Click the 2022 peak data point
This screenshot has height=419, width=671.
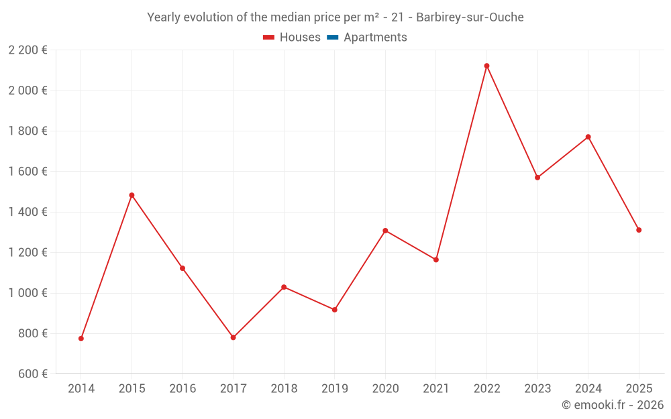486,66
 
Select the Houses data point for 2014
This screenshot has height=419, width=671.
81,339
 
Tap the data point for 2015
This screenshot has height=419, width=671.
132,195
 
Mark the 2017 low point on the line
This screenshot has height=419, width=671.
233,337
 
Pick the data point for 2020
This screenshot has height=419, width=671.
385,231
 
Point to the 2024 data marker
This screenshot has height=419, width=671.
588,137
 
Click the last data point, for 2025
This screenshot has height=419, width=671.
639,230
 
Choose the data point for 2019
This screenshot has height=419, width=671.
334,310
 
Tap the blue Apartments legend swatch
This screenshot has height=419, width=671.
332,38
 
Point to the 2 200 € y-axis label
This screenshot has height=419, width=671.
28,50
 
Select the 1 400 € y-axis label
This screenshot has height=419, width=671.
28,212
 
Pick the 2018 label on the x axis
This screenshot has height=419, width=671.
284,389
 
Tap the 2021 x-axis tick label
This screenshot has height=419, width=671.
436,389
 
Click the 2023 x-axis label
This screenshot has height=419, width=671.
537,389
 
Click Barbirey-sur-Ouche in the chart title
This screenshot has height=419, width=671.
470,17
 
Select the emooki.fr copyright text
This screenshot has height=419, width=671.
612,405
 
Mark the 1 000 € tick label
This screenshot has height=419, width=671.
28,293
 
